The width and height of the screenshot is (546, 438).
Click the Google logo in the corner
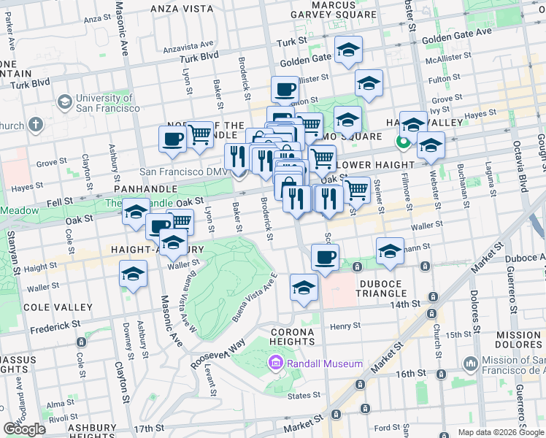click(24, 429)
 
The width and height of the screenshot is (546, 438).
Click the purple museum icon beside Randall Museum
click(274, 363)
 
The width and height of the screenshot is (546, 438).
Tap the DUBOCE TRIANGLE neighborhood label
click(387, 287)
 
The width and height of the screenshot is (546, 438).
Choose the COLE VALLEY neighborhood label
click(58, 307)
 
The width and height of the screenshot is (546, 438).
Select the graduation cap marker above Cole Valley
click(133, 274)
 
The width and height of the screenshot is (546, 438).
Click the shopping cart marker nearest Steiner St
click(355, 190)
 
